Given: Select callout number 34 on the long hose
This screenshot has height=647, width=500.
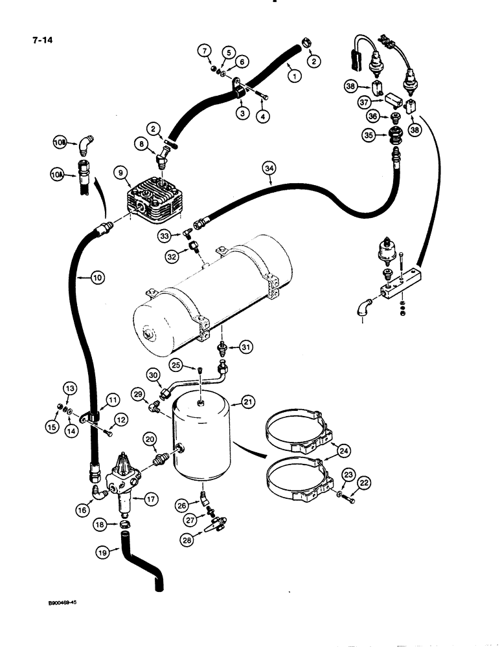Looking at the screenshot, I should click(269, 170).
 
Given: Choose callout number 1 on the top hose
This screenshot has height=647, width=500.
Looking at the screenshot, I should click(295, 76).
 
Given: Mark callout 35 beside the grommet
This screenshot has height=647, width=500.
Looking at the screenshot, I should click(369, 137).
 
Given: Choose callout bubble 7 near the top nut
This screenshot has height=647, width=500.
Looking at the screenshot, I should click(204, 50).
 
